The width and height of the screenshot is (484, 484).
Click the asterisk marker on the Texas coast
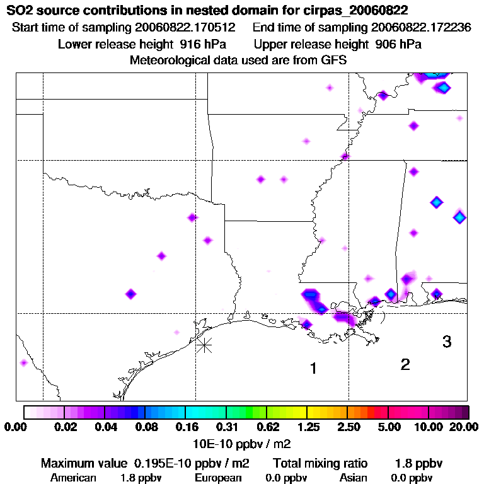tap(204, 345)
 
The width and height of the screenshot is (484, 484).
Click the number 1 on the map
tap(313, 369)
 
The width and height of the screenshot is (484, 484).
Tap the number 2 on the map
tap(405, 364)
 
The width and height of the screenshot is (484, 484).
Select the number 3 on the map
tap(447, 342)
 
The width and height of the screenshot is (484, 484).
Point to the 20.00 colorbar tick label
tap(463, 427)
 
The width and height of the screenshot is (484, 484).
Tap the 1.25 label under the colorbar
tap(306, 427)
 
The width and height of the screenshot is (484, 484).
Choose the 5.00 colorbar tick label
tap(388, 427)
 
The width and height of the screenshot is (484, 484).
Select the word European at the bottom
tap(217, 478)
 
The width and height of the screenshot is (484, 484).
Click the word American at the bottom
tap(73, 478)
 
